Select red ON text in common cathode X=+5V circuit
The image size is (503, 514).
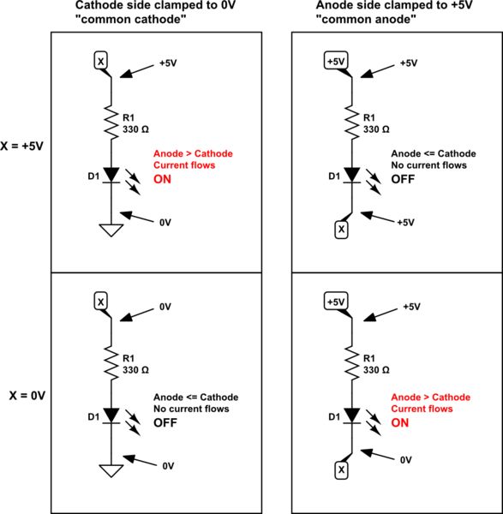163,179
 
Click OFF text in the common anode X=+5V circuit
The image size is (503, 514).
403,179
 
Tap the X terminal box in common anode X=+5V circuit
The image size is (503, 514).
340,229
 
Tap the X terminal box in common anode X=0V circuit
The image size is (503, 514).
340,470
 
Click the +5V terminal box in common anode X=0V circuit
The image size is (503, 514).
336,302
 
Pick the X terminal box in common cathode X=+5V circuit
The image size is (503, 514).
100,62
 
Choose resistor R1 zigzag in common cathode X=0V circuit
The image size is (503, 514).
110,364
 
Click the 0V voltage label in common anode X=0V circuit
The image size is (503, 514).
407,460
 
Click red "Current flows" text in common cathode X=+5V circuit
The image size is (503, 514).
183,164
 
